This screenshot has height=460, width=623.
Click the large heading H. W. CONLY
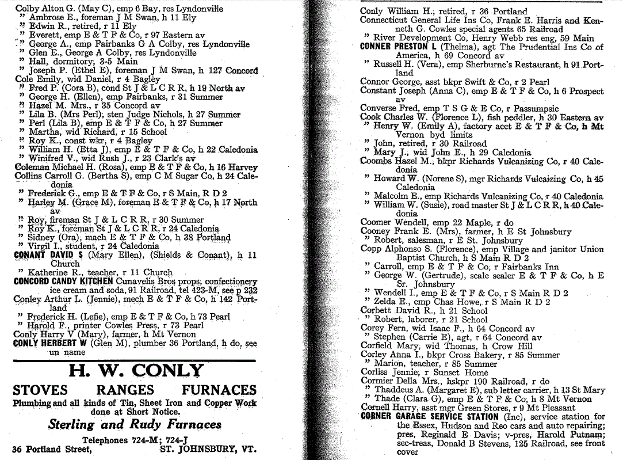136,371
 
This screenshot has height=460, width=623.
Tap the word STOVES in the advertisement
40,391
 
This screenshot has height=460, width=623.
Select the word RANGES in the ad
125,391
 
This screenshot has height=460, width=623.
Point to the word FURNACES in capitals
219,391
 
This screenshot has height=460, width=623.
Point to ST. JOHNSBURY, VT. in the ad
208,449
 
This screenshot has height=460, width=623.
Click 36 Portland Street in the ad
52,449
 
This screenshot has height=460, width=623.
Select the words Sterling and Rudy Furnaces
135,425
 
